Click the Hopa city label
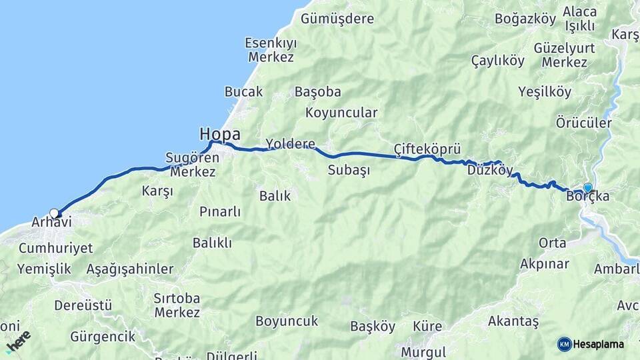(220, 135)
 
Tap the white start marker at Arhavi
(54, 214)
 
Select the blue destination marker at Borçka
(587, 188)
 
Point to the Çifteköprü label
(427, 148)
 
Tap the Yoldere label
(290, 143)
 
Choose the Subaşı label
(349, 170)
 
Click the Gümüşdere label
(337, 19)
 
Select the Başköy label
(373, 327)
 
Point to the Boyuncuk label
(287, 321)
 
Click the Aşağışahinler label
(130, 269)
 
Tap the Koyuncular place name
(341, 113)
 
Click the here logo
(18, 341)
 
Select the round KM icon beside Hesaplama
(565, 344)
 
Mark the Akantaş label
(513, 321)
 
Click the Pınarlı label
(220, 212)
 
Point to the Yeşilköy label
(545, 93)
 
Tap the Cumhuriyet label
(56, 248)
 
